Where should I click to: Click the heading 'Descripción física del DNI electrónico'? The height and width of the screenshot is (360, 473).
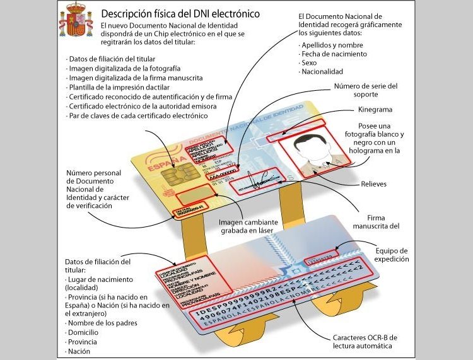[180, 13]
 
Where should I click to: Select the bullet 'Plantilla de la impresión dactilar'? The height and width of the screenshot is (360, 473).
[120, 87]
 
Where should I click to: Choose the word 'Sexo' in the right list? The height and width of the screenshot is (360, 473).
[308, 63]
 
